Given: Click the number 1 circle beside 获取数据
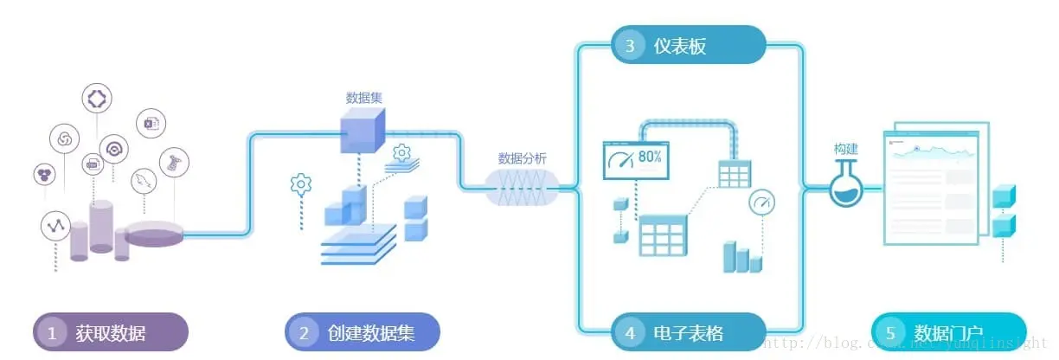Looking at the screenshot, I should (x=52, y=333).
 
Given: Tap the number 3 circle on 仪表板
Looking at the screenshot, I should (x=631, y=46).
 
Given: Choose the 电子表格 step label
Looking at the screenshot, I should (x=687, y=333).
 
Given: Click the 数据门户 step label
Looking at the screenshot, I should (x=948, y=333).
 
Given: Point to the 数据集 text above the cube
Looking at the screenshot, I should (x=364, y=98).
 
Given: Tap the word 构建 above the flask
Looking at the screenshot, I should (x=846, y=149).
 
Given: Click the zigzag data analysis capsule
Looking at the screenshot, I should (x=522, y=186).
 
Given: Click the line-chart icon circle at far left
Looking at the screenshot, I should (x=56, y=226).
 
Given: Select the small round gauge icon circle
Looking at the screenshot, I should (x=761, y=203).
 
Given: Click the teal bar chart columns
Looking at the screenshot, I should (x=742, y=257).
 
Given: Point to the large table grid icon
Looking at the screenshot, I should (x=663, y=235).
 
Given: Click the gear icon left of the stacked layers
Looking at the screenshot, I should (x=300, y=184).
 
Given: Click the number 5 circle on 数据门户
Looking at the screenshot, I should (x=890, y=333).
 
